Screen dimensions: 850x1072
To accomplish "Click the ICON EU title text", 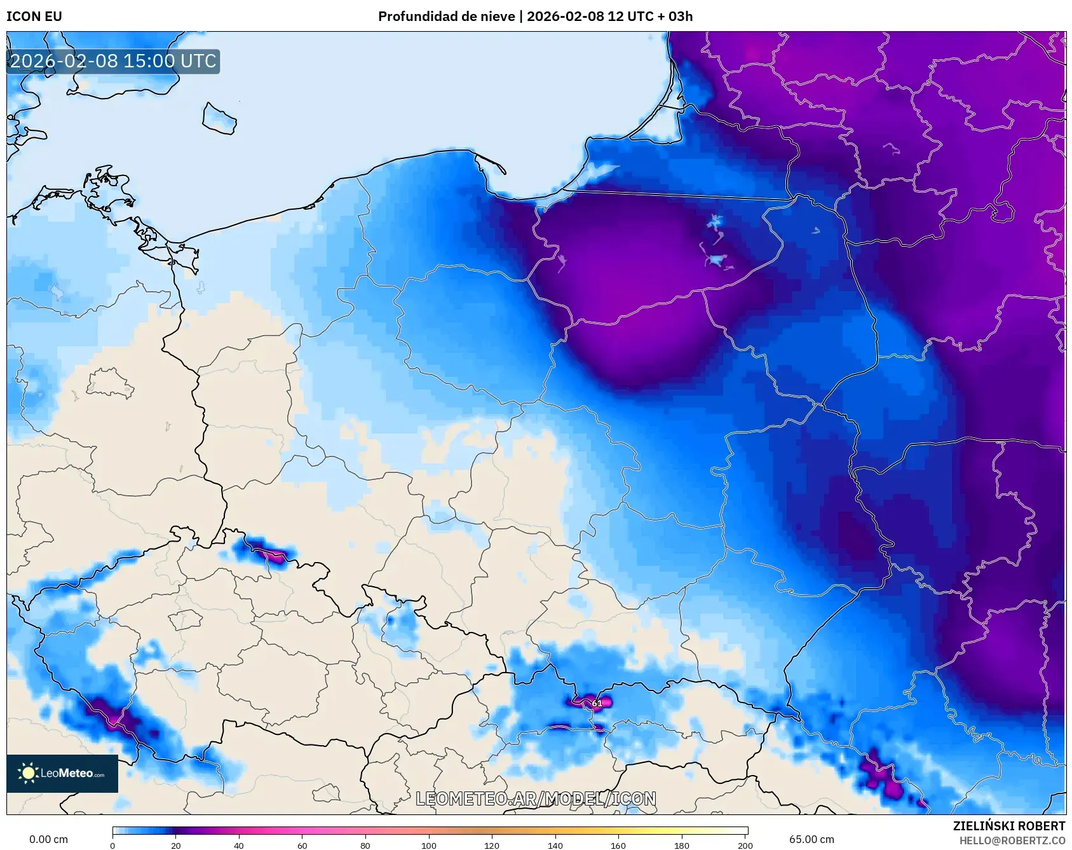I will pos(34,17).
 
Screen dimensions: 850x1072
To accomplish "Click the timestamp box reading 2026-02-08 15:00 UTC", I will pos(113,61).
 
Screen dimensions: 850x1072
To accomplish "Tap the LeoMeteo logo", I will pos(62,773).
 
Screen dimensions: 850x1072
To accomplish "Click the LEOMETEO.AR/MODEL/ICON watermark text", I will pos(536,799).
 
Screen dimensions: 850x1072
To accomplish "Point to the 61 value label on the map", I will pos(597,703).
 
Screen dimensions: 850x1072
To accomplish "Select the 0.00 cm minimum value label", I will pos(48,839).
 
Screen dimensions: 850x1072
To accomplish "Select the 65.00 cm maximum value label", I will pos(811,839).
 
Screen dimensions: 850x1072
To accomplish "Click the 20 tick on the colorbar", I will pos(176,846).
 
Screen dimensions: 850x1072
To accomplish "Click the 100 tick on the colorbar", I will pos(429,846).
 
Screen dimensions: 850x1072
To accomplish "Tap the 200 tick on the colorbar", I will pos(745,846).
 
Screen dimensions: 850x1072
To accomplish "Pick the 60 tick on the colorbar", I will pos(302,846).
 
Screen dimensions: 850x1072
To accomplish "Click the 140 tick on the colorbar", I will pos(555,846).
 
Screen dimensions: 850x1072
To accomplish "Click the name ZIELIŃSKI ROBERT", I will pos(1008,826).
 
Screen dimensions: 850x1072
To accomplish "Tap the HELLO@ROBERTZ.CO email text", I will pos(1012,840).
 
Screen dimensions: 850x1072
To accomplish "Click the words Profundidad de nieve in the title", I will pos(446,17).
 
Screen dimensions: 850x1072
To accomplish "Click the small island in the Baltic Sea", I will pos(219,119).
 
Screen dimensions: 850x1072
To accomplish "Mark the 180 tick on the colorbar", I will pos(682,846).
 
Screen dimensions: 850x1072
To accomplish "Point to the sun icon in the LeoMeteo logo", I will pos(28,773).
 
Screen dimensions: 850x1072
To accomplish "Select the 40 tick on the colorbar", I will pos(239,846).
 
